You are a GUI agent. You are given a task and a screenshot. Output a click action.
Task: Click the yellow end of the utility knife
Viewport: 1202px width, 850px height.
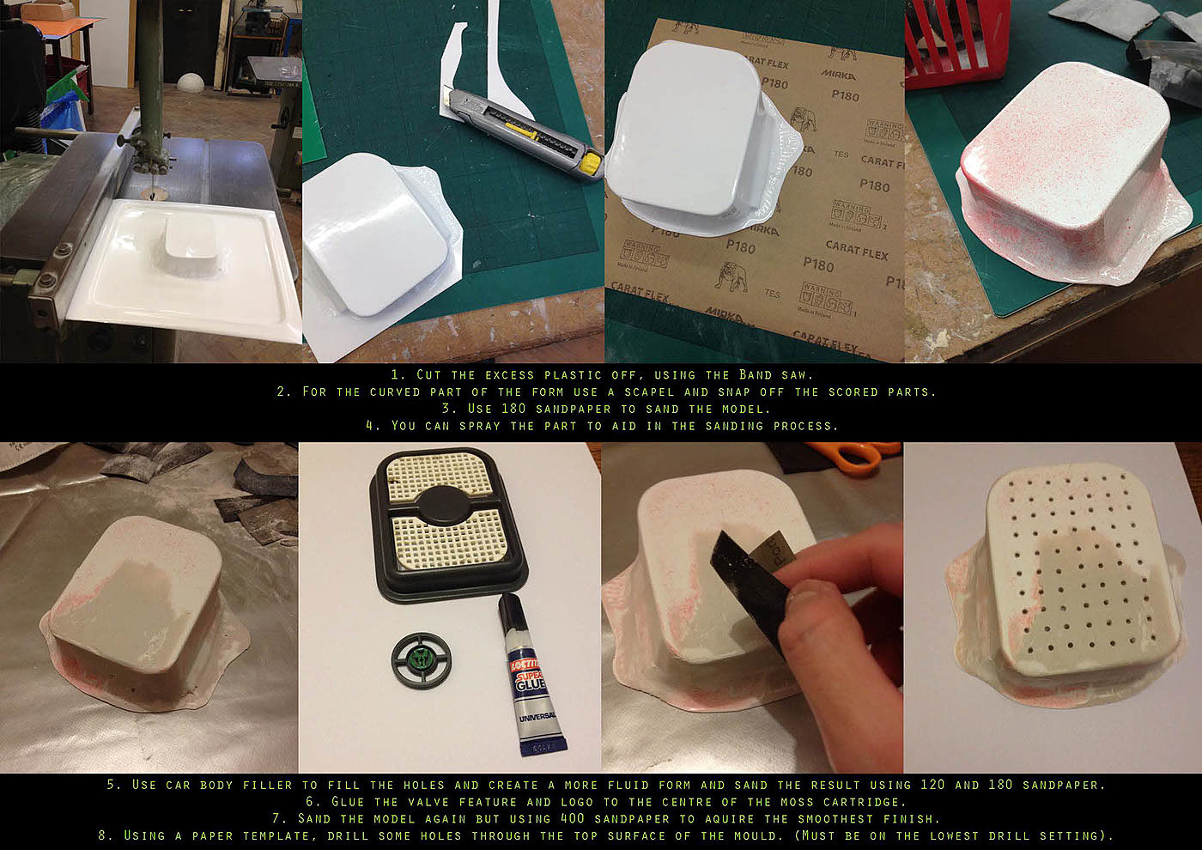pos(591,163)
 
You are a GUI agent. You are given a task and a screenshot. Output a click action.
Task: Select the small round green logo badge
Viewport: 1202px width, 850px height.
pos(422,660)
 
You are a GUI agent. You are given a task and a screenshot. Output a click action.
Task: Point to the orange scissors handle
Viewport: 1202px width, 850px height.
pos(856,456)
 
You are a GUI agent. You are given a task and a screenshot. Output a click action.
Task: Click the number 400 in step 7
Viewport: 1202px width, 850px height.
pos(573,818)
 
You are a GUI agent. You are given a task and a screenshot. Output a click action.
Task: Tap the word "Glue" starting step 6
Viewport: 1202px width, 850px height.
pos(348,802)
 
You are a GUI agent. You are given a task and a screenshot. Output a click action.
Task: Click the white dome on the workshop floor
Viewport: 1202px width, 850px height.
pos(191,82)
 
